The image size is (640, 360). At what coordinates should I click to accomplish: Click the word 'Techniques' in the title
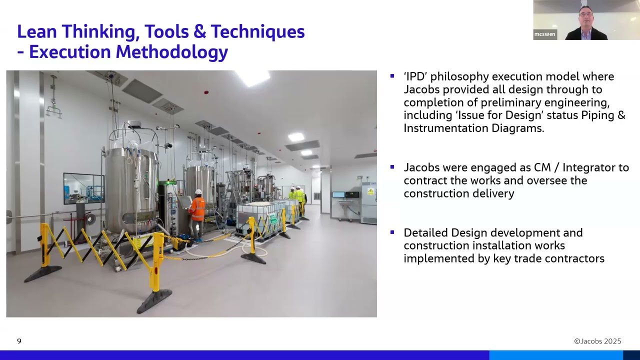pyautogui.click(x=257, y=31)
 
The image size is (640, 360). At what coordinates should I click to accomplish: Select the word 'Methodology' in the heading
pyautogui.click(x=171, y=52)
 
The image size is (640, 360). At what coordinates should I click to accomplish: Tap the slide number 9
pyautogui.click(x=19, y=341)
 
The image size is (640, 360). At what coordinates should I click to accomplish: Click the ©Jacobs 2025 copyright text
pyautogui.click(x=597, y=341)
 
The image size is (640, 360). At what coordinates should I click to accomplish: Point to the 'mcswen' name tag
pyautogui.click(x=544, y=34)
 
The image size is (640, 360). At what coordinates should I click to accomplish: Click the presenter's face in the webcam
pyautogui.click(x=586, y=17)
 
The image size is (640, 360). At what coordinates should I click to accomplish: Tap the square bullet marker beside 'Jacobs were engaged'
pyautogui.click(x=392, y=167)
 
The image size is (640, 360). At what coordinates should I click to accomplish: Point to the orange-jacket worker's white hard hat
pyautogui.click(x=198, y=192)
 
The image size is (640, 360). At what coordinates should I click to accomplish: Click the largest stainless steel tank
pyautogui.click(x=130, y=185)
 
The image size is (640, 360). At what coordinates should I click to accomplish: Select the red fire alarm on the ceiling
pyautogui.click(x=206, y=92)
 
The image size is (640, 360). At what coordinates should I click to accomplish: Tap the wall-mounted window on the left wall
pyautogui.click(x=83, y=188)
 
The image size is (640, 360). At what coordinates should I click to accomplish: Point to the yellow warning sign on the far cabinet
pyautogui.click(x=370, y=191)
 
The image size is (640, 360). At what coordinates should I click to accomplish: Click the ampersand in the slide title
pyautogui.click(x=199, y=31)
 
